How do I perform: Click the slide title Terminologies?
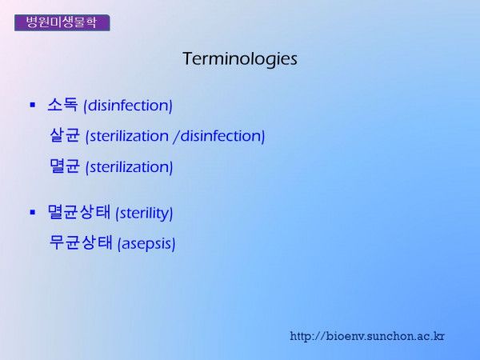tap(240, 58)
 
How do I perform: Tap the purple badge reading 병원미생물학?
tap(62, 22)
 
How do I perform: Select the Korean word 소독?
tap(62, 105)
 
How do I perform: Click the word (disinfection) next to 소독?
tap(128, 106)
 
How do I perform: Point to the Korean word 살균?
tap(65, 135)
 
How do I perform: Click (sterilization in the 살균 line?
tap(127, 136)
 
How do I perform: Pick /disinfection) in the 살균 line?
tap(219, 136)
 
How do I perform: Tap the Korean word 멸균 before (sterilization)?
tap(65, 166)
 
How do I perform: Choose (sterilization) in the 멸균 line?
tap(129, 167)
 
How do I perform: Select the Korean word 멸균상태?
tap(78, 212)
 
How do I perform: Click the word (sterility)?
tap(144, 214)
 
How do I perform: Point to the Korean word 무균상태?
tap(81, 242)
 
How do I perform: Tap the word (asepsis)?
tap(146, 244)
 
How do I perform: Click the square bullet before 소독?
tap(33, 106)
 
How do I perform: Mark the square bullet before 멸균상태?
tap(33, 212)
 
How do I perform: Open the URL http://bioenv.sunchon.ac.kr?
tap(367, 336)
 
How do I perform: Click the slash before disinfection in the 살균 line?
tap(176, 136)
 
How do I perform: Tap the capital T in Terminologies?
tap(188, 58)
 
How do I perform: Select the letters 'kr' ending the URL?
tap(439, 336)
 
